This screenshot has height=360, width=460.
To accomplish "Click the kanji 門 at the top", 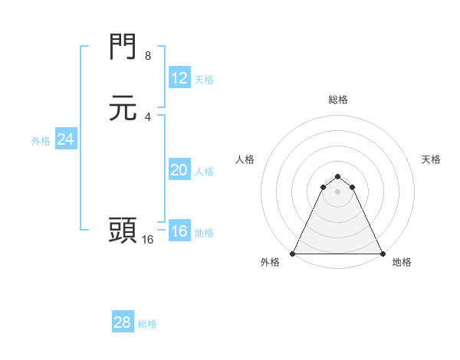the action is pyautogui.click(x=123, y=48).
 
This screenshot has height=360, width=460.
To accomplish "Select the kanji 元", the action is pyautogui.click(x=123, y=108).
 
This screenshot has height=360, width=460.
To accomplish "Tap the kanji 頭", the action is pyautogui.click(x=123, y=230).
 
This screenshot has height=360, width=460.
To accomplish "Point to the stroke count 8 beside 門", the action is pyautogui.click(x=147, y=56).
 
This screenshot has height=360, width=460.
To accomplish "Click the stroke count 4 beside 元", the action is pyautogui.click(x=147, y=116).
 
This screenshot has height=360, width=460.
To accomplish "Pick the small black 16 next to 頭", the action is pyautogui.click(x=147, y=239).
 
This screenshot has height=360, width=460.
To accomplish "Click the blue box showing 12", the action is pyautogui.click(x=179, y=78).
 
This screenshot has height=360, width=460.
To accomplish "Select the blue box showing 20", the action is pyautogui.click(x=179, y=170).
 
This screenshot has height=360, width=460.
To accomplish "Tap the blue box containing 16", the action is pyautogui.click(x=179, y=232).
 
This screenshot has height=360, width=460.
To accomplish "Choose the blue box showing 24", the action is pyautogui.click(x=65, y=139).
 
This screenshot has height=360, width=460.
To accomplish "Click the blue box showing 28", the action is pyautogui.click(x=123, y=322).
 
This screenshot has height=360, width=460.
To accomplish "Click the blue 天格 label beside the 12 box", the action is pyautogui.click(x=204, y=80).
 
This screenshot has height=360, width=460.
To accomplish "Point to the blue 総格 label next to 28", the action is pyautogui.click(x=147, y=324).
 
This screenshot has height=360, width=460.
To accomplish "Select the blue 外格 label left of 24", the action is pyautogui.click(x=41, y=141).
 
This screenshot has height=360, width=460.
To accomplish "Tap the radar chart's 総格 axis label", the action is pyautogui.click(x=337, y=100).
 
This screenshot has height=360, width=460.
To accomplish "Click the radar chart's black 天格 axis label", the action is pyautogui.click(x=431, y=159).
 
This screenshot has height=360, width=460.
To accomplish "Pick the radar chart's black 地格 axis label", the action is pyautogui.click(x=402, y=262).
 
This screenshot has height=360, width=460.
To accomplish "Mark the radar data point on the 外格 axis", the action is pyautogui.click(x=293, y=253).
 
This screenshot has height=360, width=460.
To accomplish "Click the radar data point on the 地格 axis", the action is pyautogui.click(x=382, y=253).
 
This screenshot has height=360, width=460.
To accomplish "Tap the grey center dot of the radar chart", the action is pyautogui.click(x=337, y=191).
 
